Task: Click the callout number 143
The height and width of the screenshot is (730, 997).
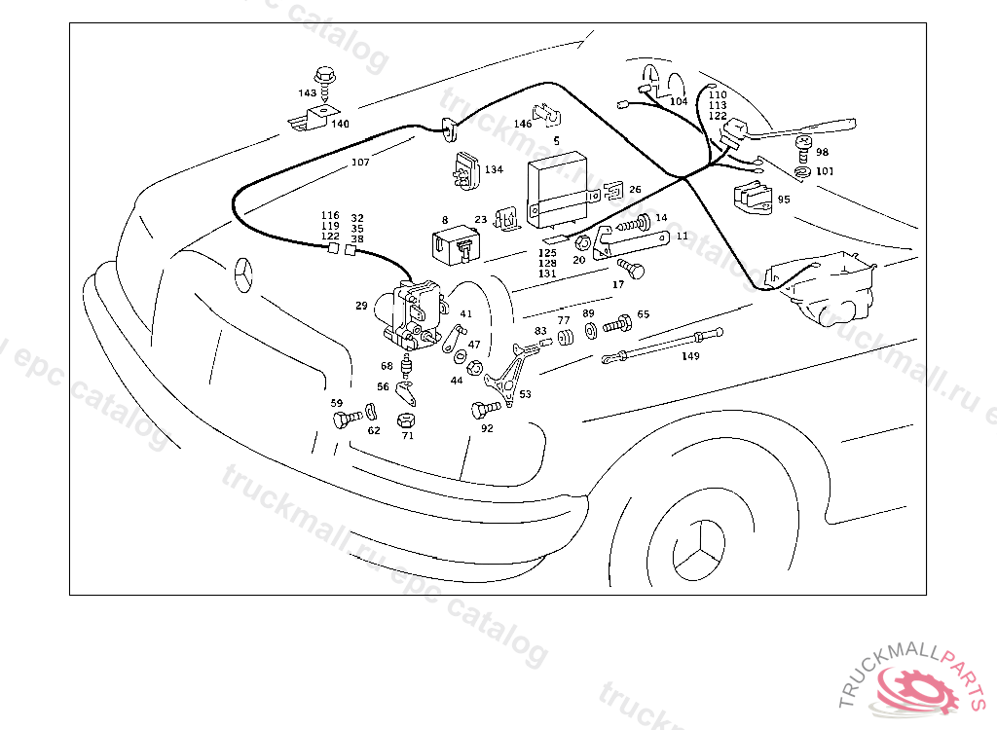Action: (x=308, y=93)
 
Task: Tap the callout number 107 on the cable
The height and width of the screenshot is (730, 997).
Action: (x=360, y=163)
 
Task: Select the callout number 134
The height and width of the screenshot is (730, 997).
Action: (x=494, y=170)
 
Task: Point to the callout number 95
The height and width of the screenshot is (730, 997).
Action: (x=784, y=200)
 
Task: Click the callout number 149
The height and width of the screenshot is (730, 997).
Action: (x=690, y=356)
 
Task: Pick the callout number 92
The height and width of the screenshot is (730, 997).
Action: (x=487, y=427)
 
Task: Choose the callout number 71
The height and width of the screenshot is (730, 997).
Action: (x=408, y=435)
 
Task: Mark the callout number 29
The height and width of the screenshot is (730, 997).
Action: (x=361, y=306)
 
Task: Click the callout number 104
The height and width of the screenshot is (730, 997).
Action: (x=679, y=101)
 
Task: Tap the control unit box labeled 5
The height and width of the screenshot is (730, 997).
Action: (x=561, y=185)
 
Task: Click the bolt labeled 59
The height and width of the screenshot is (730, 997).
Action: (x=341, y=420)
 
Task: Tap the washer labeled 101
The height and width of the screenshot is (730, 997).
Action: (x=800, y=172)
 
